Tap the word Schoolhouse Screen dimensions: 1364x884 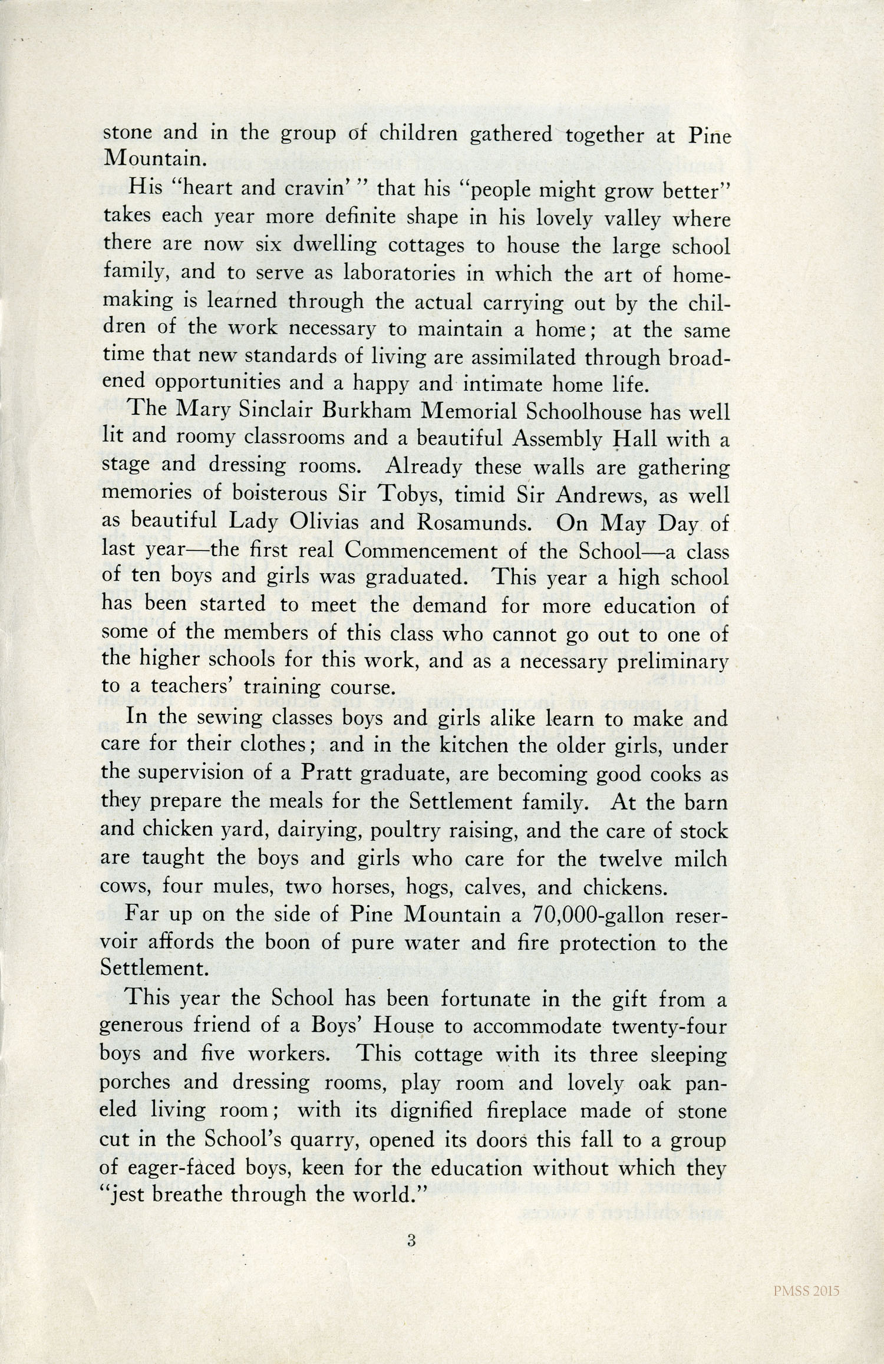580,411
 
